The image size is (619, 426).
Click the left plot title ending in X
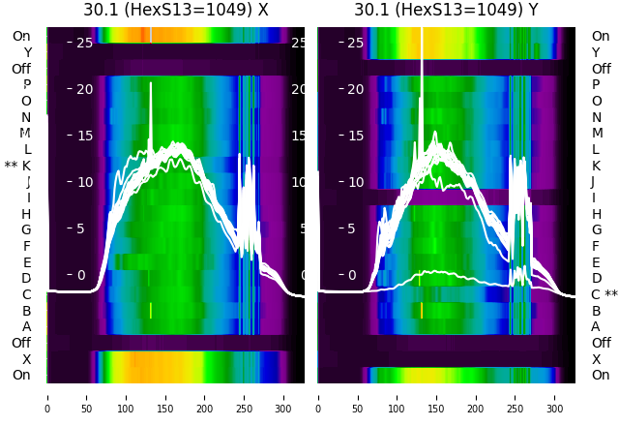pos(176,10)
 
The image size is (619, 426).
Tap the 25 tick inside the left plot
pos(83,43)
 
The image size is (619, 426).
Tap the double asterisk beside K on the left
pos(11,167)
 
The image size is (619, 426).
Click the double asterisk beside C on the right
pos(611,295)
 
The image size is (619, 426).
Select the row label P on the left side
pos(27,85)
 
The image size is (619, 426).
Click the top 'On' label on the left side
pos(21,37)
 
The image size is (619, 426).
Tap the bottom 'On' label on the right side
pos(601,376)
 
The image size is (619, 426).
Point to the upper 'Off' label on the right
pos(601,69)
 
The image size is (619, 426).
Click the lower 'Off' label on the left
pos(21,343)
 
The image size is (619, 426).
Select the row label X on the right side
pos(596,359)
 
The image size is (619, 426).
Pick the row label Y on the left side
pos(27,53)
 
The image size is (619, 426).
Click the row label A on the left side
pos(27,327)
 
